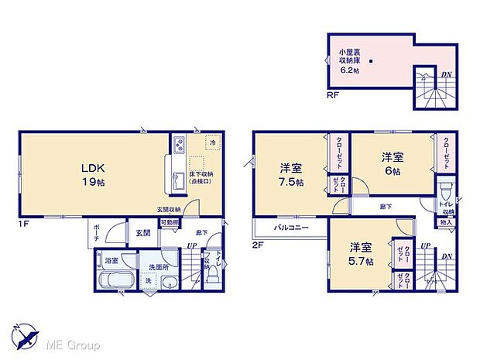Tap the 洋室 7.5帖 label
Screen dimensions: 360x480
pos(291,175)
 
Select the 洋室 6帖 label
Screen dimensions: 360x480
pos(391,163)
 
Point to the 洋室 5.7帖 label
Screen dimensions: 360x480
pos(361,255)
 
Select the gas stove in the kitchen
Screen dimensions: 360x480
pos(177,146)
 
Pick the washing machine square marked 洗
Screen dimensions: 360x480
pos(149,280)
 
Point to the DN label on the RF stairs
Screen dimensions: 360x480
pos(446,75)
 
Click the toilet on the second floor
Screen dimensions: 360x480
pos(444,192)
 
